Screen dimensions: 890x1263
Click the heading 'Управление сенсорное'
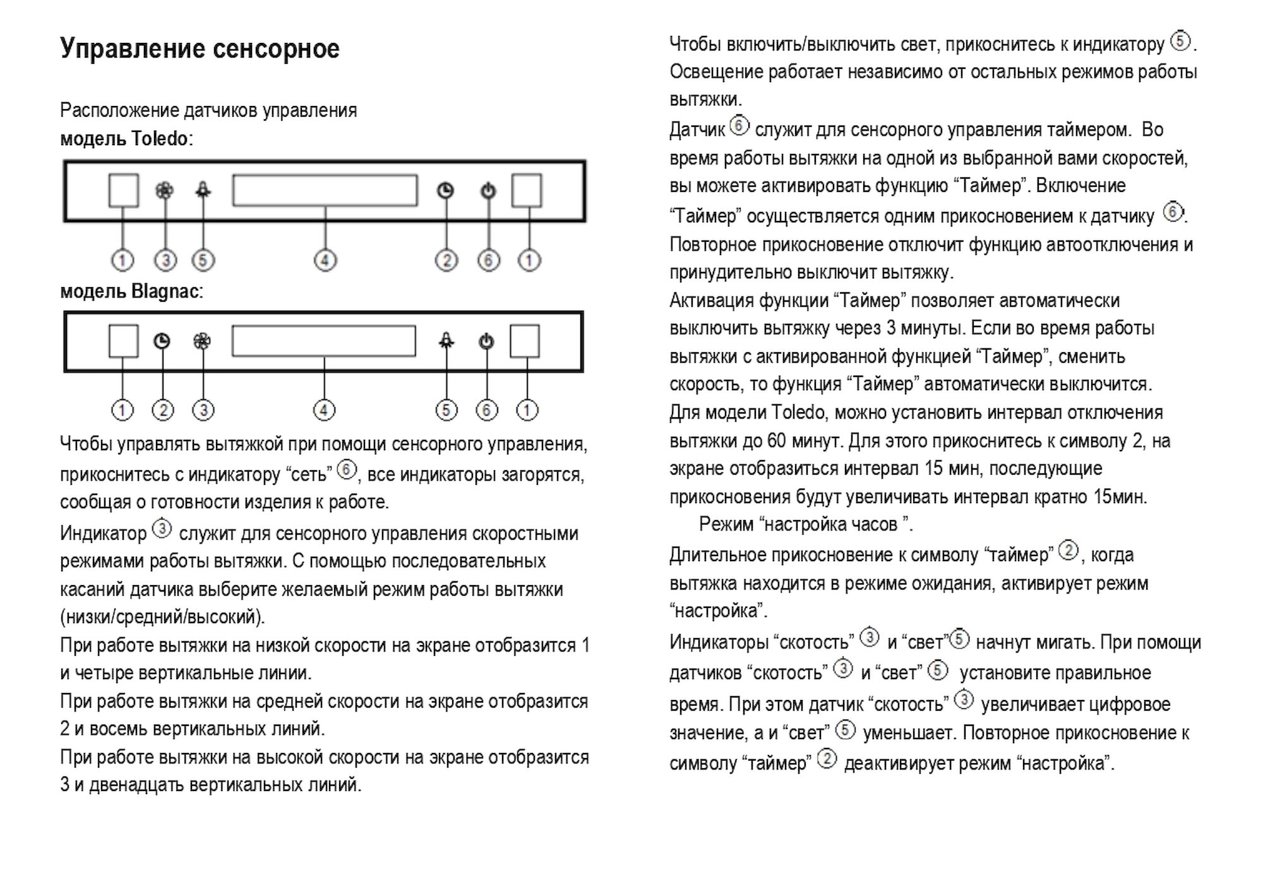pos(200,49)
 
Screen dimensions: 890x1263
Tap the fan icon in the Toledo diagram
pos(164,190)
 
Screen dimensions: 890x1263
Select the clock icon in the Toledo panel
pos(446,191)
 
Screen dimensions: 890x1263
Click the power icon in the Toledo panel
pos(488,191)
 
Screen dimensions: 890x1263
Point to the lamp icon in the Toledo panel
pos(203,190)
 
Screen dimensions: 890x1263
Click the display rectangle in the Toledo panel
pos(325,191)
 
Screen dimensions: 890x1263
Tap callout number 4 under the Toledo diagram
pos(325,260)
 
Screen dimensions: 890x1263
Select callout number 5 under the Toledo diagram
pos(203,260)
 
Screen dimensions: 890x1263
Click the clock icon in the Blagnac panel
pos(162,341)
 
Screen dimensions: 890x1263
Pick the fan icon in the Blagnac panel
pos(201,341)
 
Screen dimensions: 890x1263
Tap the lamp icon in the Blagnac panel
pos(446,341)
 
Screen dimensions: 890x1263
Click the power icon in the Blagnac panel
pos(486,341)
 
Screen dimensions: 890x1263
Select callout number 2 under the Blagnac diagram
pos(163,410)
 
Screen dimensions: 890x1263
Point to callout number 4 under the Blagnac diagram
pos(324,410)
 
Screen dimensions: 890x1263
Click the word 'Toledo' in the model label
pos(159,138)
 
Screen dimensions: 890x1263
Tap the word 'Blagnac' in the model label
pos(164,292)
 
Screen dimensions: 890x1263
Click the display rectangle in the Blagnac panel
pos(323,341)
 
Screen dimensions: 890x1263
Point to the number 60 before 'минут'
pos(776,441)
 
